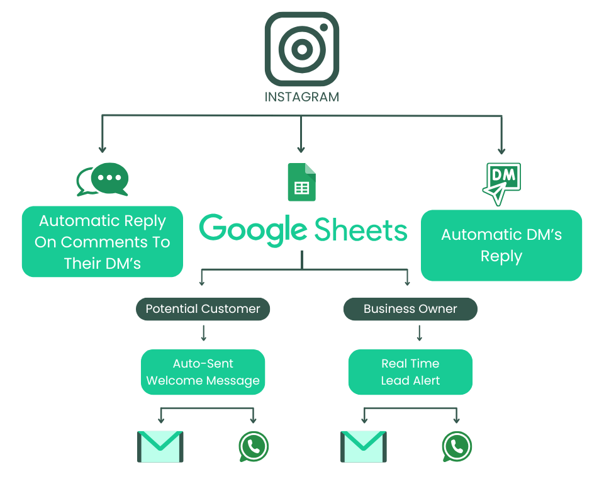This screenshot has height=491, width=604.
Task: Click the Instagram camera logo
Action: (301, 49)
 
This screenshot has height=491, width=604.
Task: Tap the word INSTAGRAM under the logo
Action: (301, 97)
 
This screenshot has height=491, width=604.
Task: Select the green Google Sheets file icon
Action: (301, 182)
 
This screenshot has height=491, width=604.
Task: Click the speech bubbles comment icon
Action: (103, 179)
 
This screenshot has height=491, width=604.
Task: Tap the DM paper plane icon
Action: (501, 183)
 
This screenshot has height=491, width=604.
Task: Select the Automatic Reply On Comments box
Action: (103, 242)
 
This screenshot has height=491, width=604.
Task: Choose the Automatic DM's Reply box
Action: (501, 245)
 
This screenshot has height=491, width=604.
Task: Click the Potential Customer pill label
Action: (203, 309)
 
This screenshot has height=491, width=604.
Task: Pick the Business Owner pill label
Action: (410, 309)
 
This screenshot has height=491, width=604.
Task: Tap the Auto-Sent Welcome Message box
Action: (203, 372)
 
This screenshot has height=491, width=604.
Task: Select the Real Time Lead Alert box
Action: (410, 372)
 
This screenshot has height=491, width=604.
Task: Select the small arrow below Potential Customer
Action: (203, 333)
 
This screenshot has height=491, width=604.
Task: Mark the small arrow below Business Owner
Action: (420, 333)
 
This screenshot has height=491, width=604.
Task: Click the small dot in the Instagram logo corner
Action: (323, 28)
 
